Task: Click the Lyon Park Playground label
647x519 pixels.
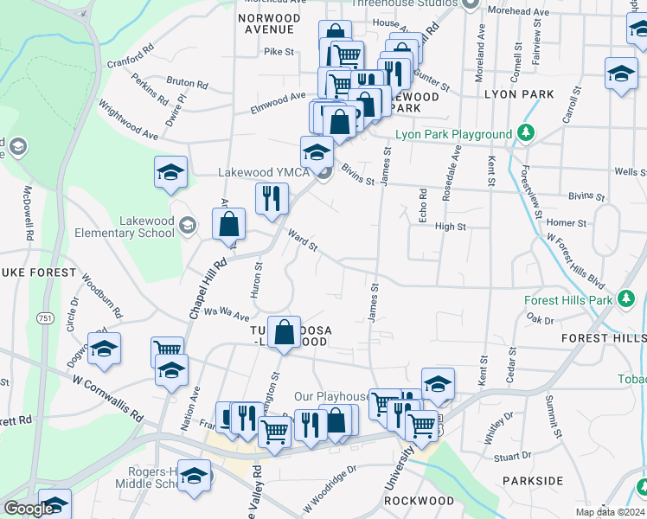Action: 453,134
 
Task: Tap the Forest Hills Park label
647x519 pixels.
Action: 568,300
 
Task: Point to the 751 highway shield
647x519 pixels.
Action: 43,319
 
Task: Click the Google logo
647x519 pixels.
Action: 28,509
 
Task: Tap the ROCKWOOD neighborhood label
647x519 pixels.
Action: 419,501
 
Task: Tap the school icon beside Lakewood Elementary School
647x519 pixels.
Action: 187,227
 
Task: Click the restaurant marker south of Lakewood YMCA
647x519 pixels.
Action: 272,198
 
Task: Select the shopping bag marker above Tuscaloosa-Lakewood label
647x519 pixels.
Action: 284,331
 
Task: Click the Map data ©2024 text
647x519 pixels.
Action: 611,512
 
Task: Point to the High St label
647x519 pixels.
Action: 450,227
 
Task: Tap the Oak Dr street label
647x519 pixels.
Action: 539,319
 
